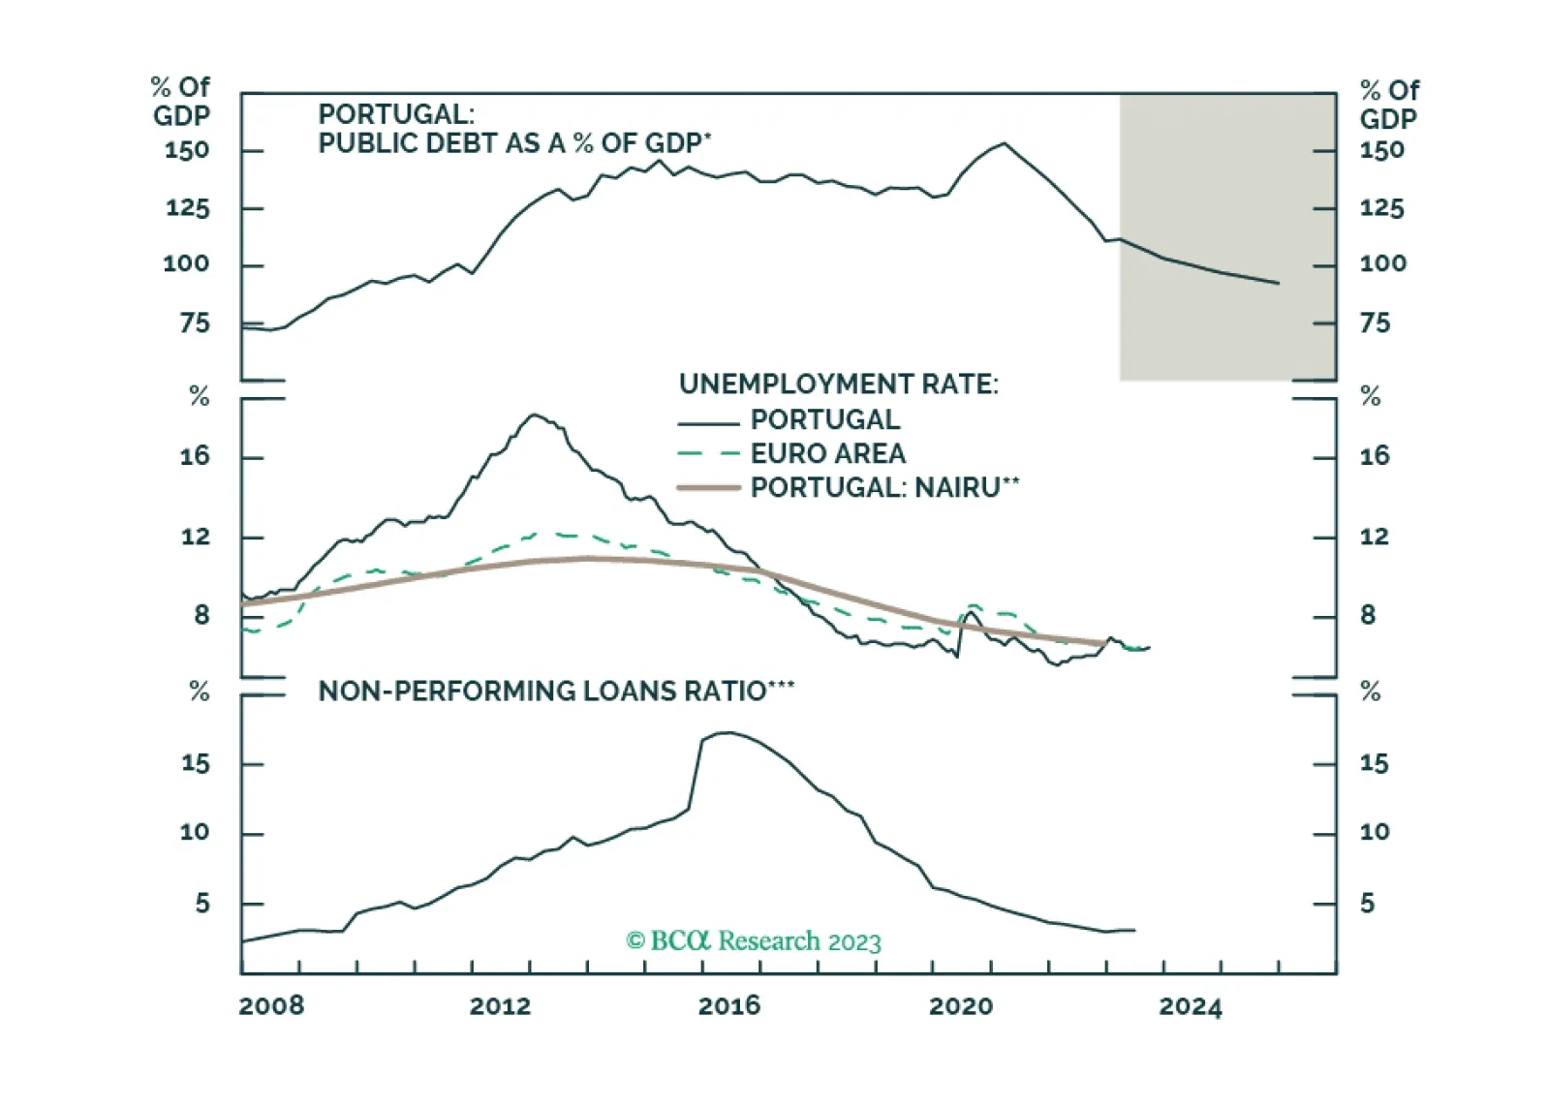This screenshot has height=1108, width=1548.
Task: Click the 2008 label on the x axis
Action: point(271,1005)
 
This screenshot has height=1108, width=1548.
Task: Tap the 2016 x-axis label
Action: point(729,1005)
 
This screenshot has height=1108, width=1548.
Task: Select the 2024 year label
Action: point(1190,1006)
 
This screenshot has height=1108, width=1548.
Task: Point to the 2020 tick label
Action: point(961,1005)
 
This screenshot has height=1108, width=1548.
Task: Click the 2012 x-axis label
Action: point(500,1005)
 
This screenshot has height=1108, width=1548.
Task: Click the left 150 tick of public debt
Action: point(187,150)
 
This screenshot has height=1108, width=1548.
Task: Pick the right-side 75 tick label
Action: point(1375,323)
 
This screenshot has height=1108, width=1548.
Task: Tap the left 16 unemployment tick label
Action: point(195,456)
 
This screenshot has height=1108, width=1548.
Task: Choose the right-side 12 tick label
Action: point(1374,537)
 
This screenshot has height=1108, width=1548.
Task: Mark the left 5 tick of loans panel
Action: point(201,903)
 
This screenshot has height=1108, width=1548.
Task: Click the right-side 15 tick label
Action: point(1374,763)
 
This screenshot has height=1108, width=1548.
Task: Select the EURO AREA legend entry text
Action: point(828,453)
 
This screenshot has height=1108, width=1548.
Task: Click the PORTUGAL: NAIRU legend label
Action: point(884,487)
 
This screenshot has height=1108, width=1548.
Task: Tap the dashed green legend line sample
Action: point(709,454)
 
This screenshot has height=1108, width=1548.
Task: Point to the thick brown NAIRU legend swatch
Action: point(709,488)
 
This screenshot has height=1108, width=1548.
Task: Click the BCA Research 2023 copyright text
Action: point(754,940)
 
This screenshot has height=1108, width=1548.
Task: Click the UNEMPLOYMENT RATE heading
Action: point(839,385)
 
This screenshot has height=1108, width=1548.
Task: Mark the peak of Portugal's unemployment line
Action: point(534,415)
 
